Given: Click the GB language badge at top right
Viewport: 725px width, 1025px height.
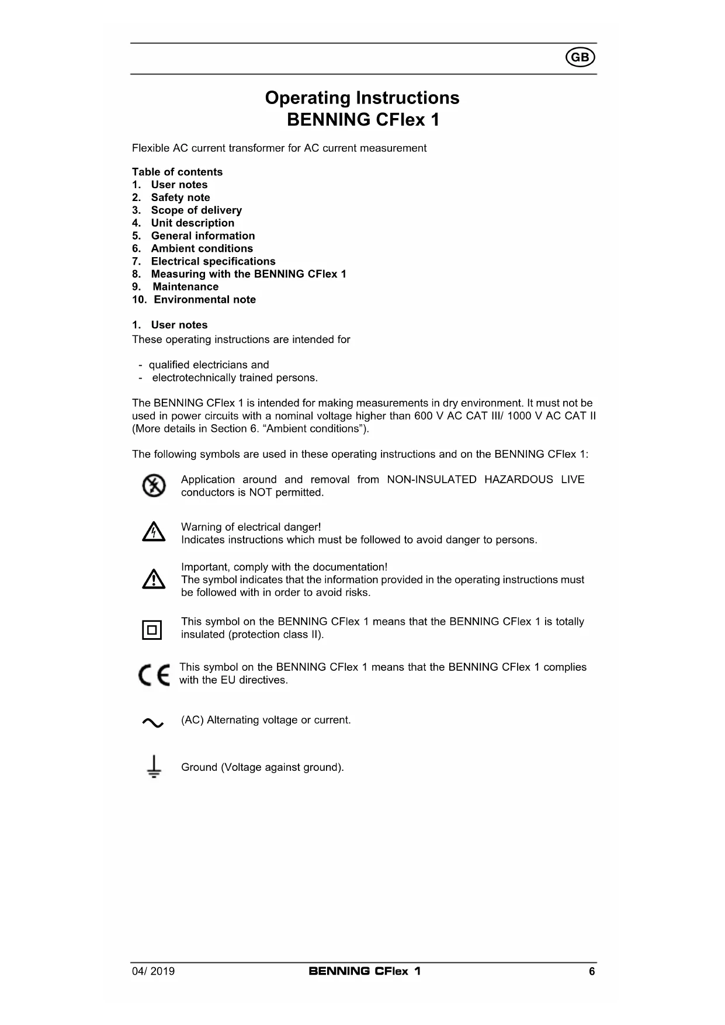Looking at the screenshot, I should (580, 57).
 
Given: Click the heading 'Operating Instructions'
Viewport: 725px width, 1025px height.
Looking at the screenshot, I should (362, 98).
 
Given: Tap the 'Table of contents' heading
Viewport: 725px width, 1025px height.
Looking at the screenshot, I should (177, 172).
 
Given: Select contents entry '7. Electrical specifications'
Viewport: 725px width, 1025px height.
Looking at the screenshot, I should (203, 261).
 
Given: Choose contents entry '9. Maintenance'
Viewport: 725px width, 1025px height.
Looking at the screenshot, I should (175, 287).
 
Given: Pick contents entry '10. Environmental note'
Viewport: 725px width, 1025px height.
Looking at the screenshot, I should (194, 300).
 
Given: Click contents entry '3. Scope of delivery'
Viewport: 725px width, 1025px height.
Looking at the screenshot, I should (186, 210).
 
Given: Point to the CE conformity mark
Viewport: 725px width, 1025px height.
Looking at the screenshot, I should (154, 675).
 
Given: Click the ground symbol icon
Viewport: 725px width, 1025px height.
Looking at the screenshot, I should (154, 767).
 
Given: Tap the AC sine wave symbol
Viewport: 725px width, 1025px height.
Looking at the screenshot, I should (153, 723).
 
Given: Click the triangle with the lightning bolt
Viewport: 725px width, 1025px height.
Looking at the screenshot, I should (154, 532).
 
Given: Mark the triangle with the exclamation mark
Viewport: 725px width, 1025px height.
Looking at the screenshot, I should (154, 579).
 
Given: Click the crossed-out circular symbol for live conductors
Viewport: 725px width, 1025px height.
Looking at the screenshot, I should (154, 486).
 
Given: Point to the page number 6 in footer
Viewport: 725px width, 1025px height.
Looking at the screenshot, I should (592, 972).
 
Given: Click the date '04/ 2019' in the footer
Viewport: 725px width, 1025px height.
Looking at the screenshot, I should (153, 972).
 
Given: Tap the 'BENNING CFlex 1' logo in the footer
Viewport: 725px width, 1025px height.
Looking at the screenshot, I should (365, 971).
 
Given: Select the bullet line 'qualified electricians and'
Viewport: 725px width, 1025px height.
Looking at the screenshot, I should (209, 365).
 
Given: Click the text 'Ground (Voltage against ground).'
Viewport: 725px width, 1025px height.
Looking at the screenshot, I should (262, 767).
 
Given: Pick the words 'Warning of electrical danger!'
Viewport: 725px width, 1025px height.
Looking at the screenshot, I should (251, 527).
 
